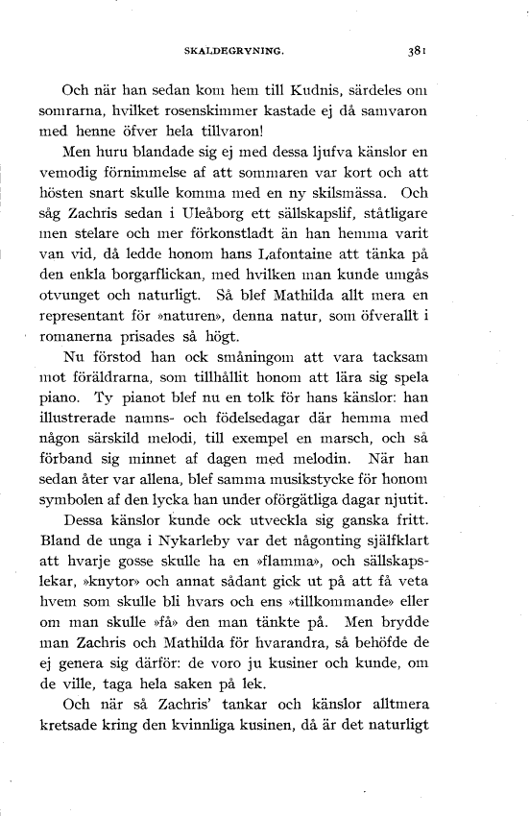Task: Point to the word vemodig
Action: (90, 172)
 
